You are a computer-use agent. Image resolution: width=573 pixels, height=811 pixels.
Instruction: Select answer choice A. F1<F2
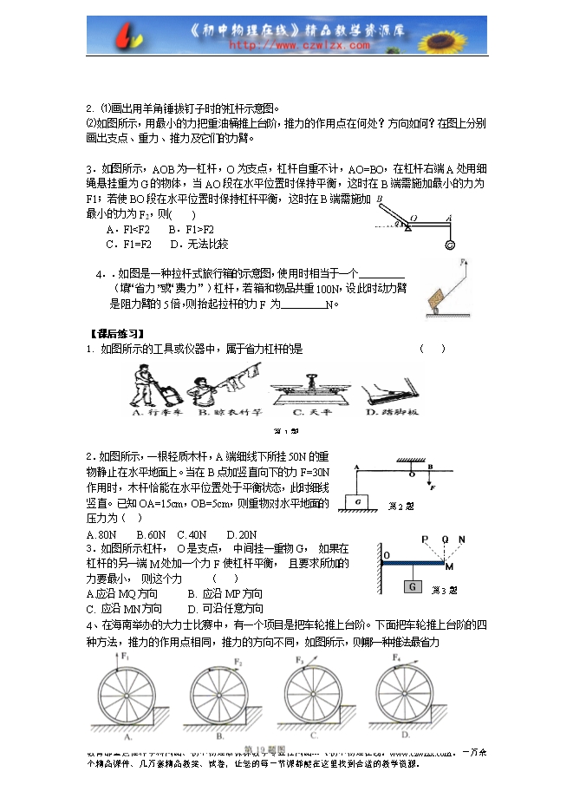(x=125, y=229)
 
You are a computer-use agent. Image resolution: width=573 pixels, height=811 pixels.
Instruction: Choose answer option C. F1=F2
(x=125, y=244)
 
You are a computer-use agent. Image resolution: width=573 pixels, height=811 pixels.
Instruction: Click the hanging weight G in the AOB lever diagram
(x=449, y=245)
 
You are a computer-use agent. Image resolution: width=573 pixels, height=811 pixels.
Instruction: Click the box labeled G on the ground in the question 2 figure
(x=357, y=501)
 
